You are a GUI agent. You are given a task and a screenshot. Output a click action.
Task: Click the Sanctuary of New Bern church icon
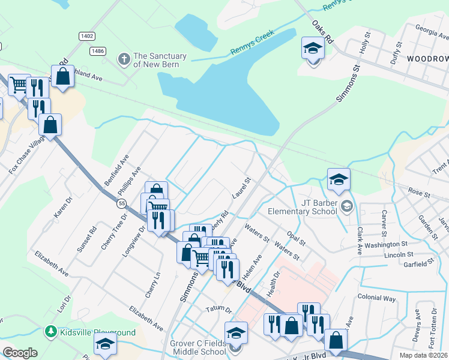click(x=124, y=59)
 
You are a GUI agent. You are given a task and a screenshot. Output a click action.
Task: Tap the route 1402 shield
click(x=87, y=37)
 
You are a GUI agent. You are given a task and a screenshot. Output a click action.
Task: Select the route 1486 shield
click(x=98, y=51)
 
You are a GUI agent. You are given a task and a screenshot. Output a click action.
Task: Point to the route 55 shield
click(x=122, y=204)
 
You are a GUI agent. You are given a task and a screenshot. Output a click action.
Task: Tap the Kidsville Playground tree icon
click(x=51, y=332)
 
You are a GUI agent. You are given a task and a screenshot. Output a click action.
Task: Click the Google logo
click(x=20, y=353)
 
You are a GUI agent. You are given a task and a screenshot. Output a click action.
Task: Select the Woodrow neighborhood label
click(x=427, y=59)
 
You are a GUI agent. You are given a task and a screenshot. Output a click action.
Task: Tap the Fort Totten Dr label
click(x=433, y=329)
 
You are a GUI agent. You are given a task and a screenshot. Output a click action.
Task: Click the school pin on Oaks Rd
click(x=313, y=49)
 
